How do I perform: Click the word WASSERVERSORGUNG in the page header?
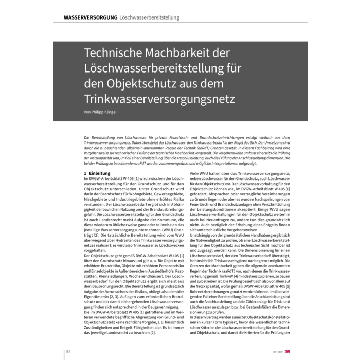click(x=90, y=17)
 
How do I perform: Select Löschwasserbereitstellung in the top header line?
click(x=150, y=17)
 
